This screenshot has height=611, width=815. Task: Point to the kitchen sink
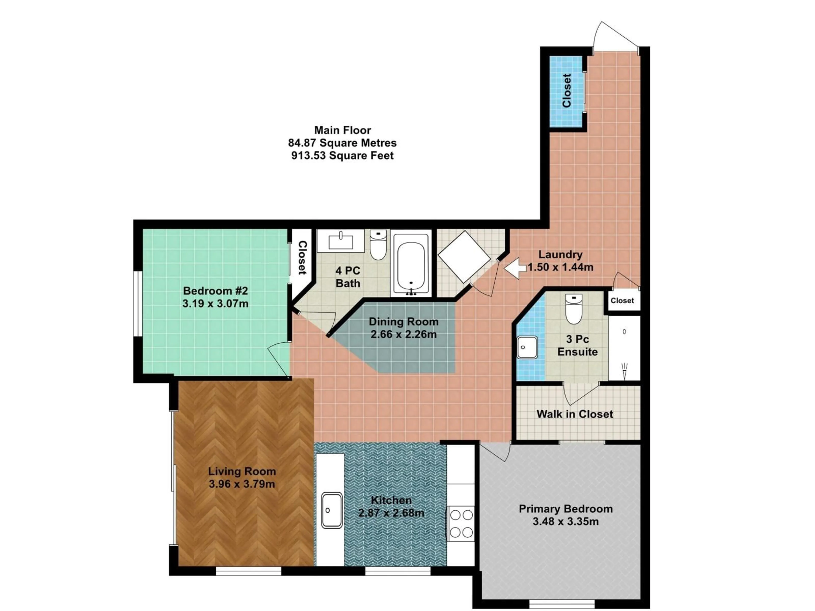(x=331, y=510)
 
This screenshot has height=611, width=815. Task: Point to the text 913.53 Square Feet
(x=342, y=156)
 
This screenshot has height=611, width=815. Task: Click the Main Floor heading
(x=342, y=130)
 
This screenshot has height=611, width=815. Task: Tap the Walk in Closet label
(x=575, y=414)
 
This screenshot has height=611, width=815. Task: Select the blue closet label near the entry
(x=567, y=91)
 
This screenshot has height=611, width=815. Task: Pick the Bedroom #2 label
(x=216, y=291)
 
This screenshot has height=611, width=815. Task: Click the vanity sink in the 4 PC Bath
(x=341, y=241)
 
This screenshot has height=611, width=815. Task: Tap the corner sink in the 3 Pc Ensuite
(x=527, y=347)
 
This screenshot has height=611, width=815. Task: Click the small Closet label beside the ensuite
(x=622, y=301)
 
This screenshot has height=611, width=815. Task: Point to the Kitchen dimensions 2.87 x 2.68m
(x=391, y=513)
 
